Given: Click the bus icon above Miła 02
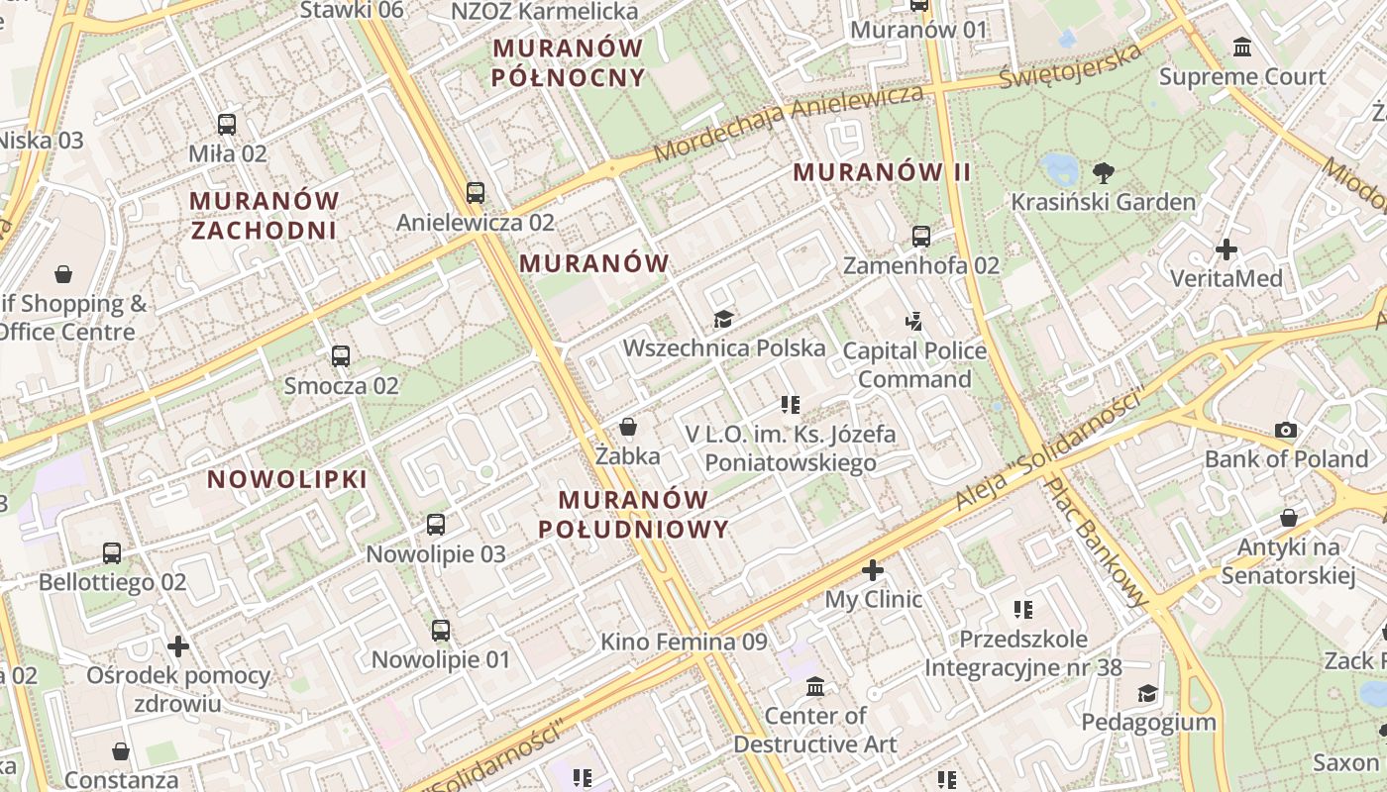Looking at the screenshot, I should pos(227,125).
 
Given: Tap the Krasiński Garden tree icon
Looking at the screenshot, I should pos(1102,173).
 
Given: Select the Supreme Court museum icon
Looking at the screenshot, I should pos(1241,47).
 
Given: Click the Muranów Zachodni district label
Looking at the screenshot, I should pos(265,216).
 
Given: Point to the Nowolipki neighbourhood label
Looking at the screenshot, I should pos(287,480).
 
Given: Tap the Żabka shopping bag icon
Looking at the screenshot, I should pos(627,427).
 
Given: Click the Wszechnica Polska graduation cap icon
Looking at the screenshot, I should pos(724,319).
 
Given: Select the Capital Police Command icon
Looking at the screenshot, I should pos(913,321).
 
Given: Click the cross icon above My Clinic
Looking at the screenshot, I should pos(873,570).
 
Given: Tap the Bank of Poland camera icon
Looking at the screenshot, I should pos(1286,430).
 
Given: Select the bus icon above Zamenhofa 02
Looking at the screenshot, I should pos(921,237).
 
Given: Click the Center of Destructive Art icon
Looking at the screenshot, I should pos(815,686).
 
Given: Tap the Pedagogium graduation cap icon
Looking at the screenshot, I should pos(1147,693).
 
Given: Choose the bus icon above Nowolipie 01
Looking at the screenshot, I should pos(441,630).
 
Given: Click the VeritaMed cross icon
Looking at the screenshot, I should pos(1227,249).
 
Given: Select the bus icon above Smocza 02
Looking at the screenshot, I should pos(341,355).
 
